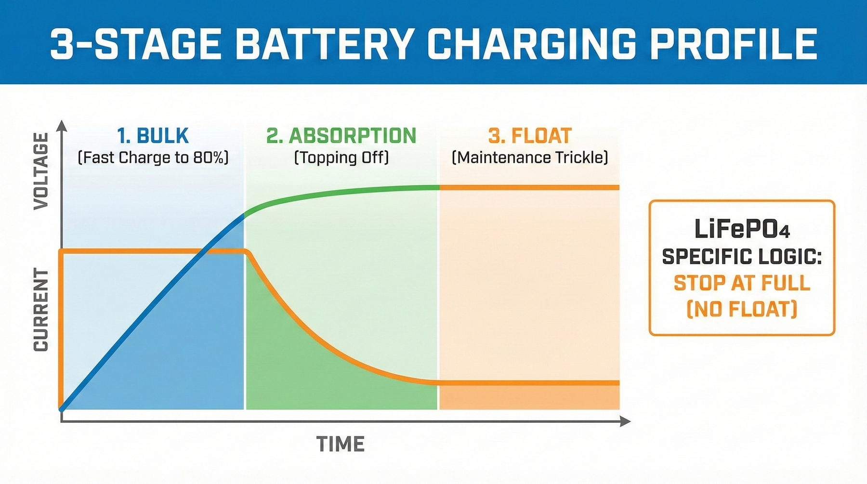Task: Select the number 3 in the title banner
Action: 61,44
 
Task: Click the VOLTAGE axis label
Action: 41,171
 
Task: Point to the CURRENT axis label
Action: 41,310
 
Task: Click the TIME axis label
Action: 340,444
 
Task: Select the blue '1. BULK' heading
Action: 153,136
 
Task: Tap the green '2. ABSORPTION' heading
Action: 341,136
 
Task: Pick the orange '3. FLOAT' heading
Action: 530,136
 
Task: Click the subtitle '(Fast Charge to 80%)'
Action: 153,157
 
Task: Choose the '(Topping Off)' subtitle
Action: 341,157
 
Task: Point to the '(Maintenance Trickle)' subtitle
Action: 530,157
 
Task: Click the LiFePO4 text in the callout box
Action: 742,229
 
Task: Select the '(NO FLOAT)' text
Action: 742,309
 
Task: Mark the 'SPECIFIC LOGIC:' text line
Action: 742,257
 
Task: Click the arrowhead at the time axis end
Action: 625,421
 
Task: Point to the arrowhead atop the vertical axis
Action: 62,126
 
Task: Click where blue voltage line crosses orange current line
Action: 205,251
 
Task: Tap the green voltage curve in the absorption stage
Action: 337,192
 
